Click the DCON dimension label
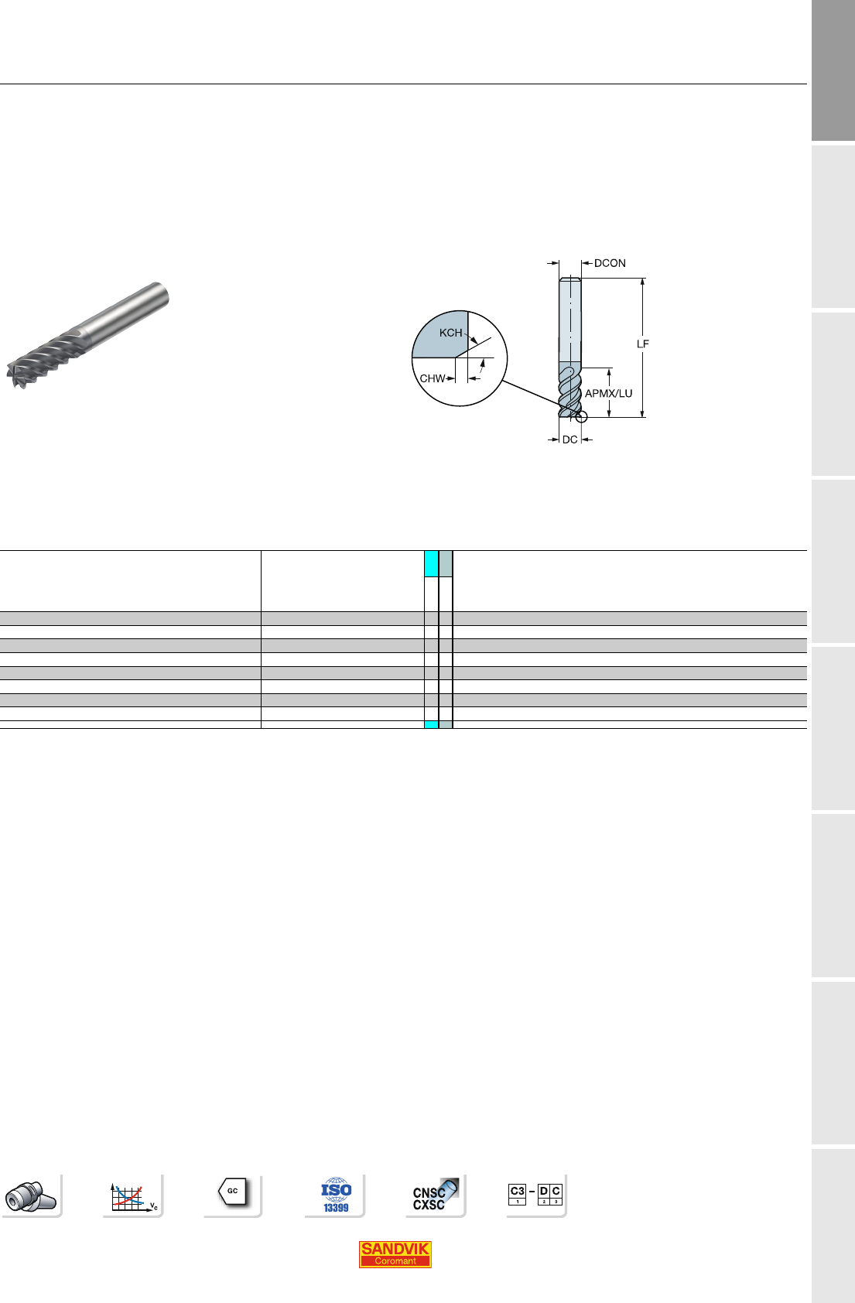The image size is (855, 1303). pos(610,264)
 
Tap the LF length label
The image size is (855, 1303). pos(643,344)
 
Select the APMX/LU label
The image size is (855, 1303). pos(608,394)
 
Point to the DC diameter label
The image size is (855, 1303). pos(570,439)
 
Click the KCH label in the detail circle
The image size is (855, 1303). pos(451,333)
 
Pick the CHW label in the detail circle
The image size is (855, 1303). pos(433,378)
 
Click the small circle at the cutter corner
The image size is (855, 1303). pos(581,417)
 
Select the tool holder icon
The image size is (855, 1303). pos(30,1196)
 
